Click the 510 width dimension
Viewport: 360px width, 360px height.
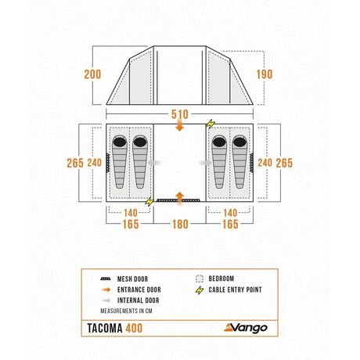pyautogui.click(x=180, y=114)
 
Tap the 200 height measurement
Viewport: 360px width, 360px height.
pyautogui.click(x=92, y=74)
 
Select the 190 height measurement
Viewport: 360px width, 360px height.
pyautogui.click(x=265, y=74)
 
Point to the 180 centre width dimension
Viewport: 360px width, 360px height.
pyautogui.click(x=180, y=224)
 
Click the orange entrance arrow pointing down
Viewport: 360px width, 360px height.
pyautogui.click(x=180, y=125)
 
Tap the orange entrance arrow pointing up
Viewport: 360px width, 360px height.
pyautogui.click(x=179, y=198)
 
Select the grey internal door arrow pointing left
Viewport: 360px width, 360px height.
pyautogui.click(x=154, y=163)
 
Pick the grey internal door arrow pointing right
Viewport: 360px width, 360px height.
pyautogui.click(x=205, y=163)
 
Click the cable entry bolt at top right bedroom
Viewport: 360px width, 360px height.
pyautogui.click(x=211, y=124)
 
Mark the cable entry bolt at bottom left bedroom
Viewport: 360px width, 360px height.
pyautogui.click(x=149, y=201)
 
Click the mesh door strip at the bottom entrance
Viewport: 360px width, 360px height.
pyautogui.click(x=178, y=200)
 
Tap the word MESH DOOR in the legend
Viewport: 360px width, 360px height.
pyautogui.click(x=132, y=279)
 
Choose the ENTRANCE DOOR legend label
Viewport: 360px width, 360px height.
pyautogui.click(x=139, y=290)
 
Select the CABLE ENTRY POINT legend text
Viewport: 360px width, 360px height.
pyautogui.click(x=235, y=290)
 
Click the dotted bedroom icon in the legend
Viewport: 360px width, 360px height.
pyautogui.click(x=200, y=279)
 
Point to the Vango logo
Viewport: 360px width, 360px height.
pyautogui.click(x=246, y=328)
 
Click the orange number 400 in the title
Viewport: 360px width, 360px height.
pyautogui.click(x=134, y=328)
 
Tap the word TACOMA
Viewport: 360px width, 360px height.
pyautogui.click(x=105, y=328)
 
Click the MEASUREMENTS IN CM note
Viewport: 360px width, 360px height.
pyautogui.click(x=126, y=311)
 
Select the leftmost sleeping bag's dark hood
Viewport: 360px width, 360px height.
pyautogui.click(x=120, y=142)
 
